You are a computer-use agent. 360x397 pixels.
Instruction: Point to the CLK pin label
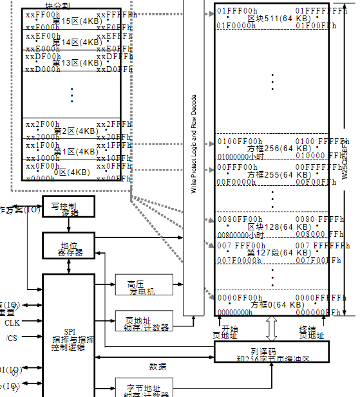(12, 322)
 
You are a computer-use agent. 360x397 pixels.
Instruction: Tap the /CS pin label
(12, 338)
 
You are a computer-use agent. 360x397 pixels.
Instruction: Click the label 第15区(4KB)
(75, 21)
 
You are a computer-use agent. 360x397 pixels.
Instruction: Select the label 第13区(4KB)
(75, 62)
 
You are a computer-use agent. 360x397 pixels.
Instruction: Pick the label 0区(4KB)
(71, 172)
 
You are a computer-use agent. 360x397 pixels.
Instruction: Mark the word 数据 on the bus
(158, 365)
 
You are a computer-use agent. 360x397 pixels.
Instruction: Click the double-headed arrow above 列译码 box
(270, 329)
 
